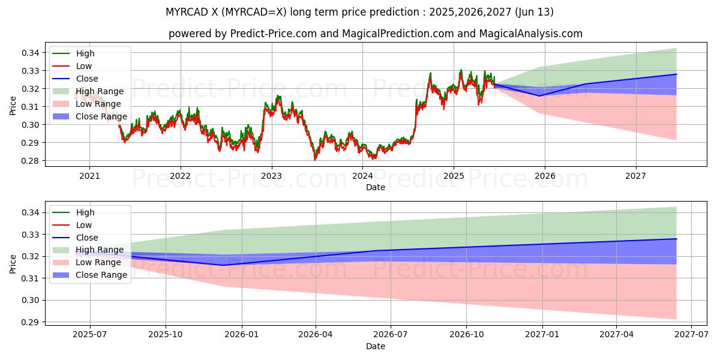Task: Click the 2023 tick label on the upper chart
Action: click(x=271, y=176)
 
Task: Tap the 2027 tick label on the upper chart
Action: click(x=635, y=176)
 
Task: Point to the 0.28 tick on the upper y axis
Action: click(x=31, y=161)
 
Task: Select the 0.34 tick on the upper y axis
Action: click(x=31, y=53)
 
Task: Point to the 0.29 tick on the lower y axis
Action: click(x=31, y=322)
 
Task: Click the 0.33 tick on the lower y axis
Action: click(x=31, y=235)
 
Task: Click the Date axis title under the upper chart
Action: click(x=376, y=187)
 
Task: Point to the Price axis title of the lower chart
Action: click(x=13, y=263)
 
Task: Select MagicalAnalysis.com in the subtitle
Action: click(x=530, y=34)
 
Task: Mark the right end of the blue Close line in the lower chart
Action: click(x=676, y=239)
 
